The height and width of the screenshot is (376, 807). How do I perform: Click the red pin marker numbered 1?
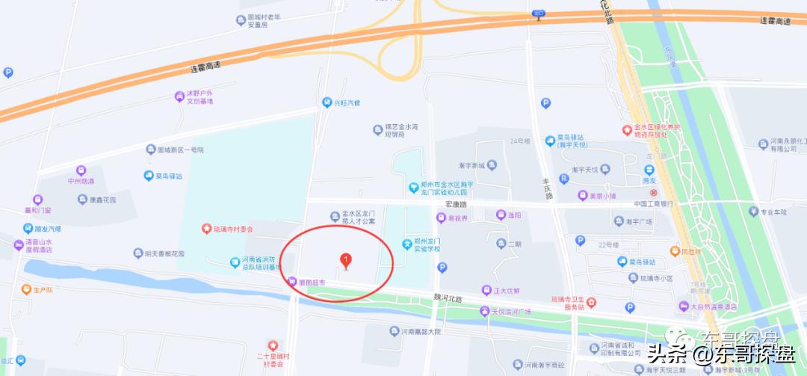pyautogui.click(x=345, y=261)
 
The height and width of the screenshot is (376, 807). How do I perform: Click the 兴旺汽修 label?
pyautogui.click(x=346, y=102)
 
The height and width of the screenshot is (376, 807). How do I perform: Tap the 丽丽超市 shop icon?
pyautogui.click(x=292, y=282)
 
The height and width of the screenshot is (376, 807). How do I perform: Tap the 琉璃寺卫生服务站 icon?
pyautogui.click(x=591, y=302)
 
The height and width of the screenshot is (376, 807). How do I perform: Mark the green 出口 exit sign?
pyautogui.click(x=539, y=13)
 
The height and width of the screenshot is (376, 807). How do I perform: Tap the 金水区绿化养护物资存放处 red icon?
pyautogui.click(x=626, y=130)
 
